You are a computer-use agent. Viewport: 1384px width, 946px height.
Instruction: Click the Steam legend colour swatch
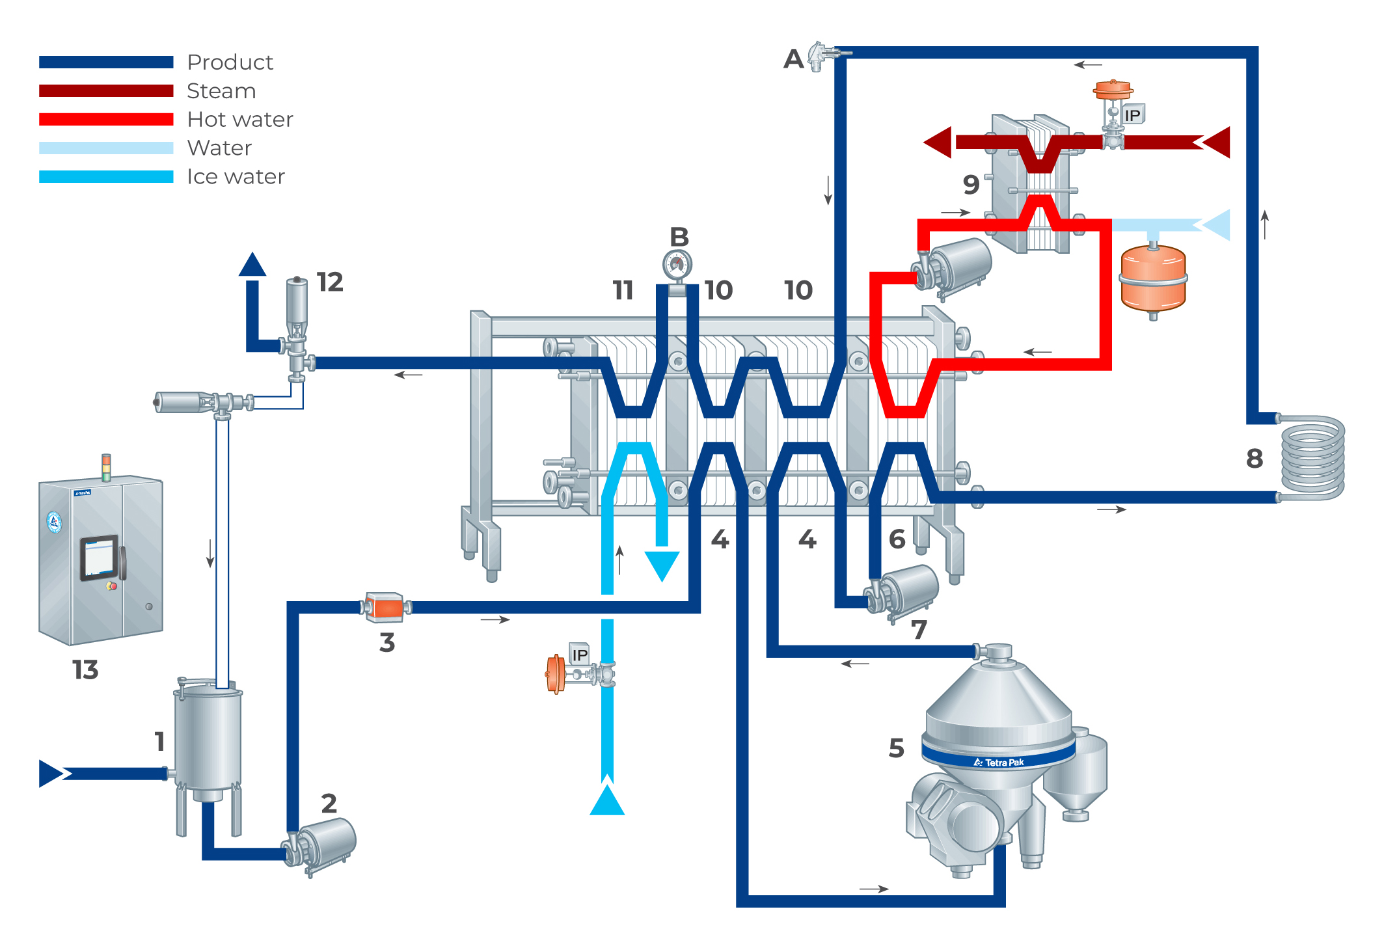pos(106,90)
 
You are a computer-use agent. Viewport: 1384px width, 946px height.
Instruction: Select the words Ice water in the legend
pos(236,177)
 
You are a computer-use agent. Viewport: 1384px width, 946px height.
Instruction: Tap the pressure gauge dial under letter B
pos(677,264)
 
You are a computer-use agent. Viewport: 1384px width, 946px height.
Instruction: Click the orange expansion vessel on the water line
pos(1153,278)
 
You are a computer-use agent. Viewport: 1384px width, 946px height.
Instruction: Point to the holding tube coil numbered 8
pos(1312,457)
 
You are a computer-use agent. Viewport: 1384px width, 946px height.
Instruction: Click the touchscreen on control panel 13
pos(99,558)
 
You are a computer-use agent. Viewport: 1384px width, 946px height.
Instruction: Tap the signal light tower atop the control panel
pos(106,466)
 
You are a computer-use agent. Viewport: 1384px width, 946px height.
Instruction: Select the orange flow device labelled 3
pos(385,607)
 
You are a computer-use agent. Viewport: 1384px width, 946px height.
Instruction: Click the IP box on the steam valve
pos(1132,115)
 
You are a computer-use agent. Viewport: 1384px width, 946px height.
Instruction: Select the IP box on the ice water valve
pos(579,654)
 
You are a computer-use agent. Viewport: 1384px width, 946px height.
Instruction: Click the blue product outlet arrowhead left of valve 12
pos(252,264)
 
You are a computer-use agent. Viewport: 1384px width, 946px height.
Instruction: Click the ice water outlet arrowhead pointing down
pos(662,565)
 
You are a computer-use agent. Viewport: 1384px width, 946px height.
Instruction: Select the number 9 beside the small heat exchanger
pos(971,185)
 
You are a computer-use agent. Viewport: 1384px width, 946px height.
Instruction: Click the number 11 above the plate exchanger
pos(623,290)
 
